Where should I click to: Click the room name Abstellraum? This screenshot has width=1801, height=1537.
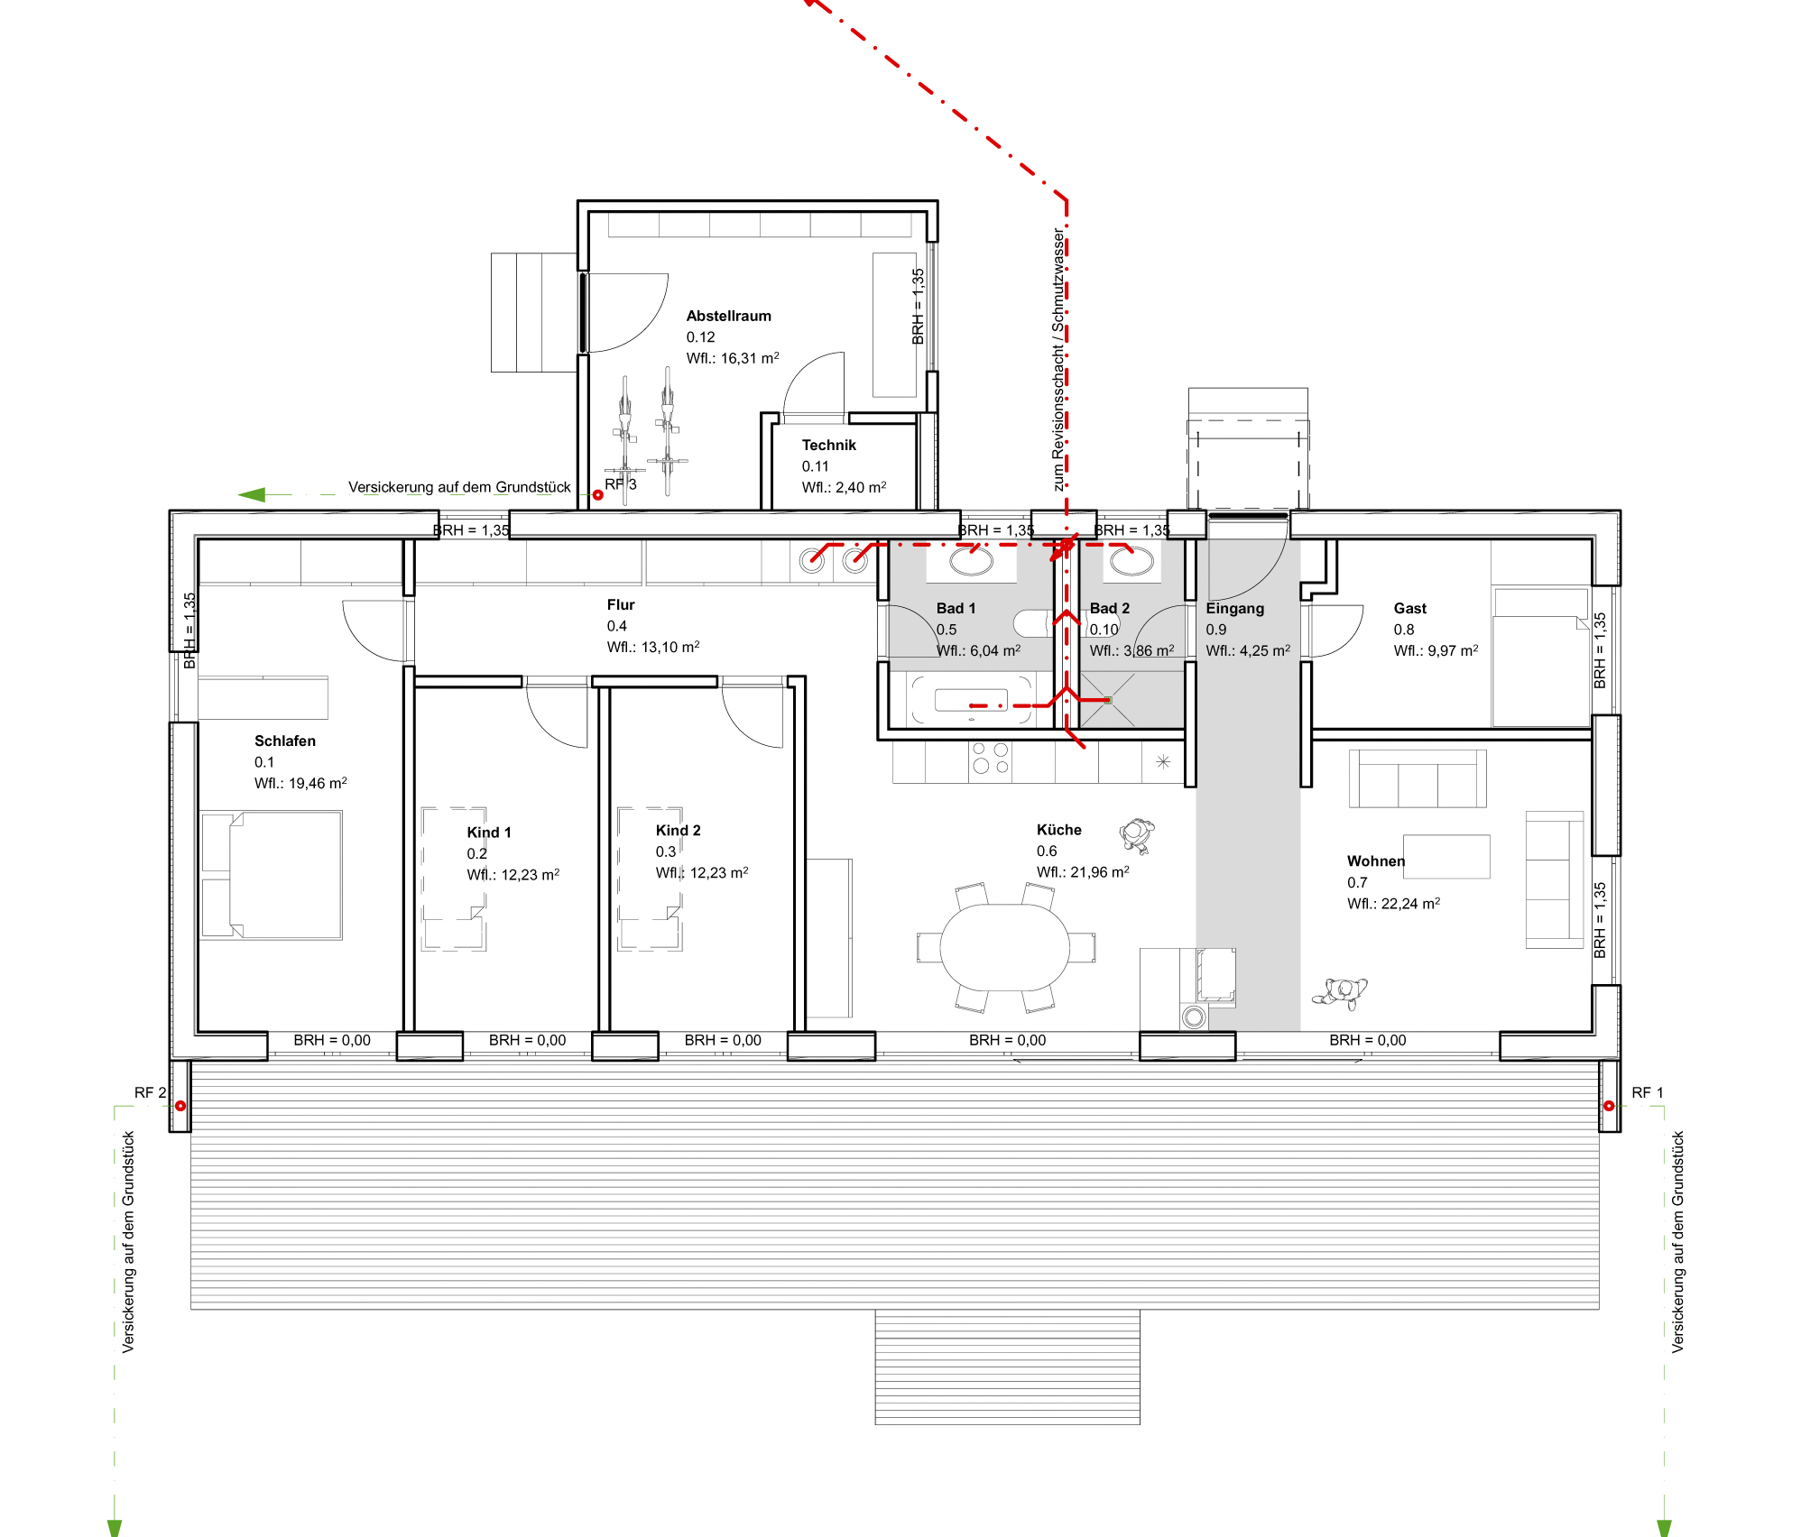(728, 316)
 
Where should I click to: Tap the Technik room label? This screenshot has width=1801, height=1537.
(828, 445)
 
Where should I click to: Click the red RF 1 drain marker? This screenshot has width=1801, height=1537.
(1608, 1106)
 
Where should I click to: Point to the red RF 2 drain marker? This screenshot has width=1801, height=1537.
(180, 1106)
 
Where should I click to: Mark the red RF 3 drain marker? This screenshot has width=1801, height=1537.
(597, 494)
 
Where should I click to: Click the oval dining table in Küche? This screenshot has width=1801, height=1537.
(1004, 947)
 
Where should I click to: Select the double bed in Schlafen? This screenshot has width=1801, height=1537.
(271, 875)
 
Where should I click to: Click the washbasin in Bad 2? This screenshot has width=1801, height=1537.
(1131, 561)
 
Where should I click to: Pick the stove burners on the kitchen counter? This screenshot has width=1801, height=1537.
(990, 758)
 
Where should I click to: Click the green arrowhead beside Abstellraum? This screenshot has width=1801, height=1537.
(252, 494)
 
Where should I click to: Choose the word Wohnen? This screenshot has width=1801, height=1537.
(1375, 861)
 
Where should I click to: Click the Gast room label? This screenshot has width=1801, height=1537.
(1409, 609)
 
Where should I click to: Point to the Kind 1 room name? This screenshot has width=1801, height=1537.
(488, 833)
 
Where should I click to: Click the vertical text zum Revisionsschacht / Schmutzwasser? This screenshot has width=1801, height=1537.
(1058, 359)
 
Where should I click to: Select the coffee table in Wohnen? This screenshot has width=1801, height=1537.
(1445, 857)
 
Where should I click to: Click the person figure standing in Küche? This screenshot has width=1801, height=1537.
(1137, 835)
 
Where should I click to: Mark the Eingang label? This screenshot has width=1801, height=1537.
(1234, 609)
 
